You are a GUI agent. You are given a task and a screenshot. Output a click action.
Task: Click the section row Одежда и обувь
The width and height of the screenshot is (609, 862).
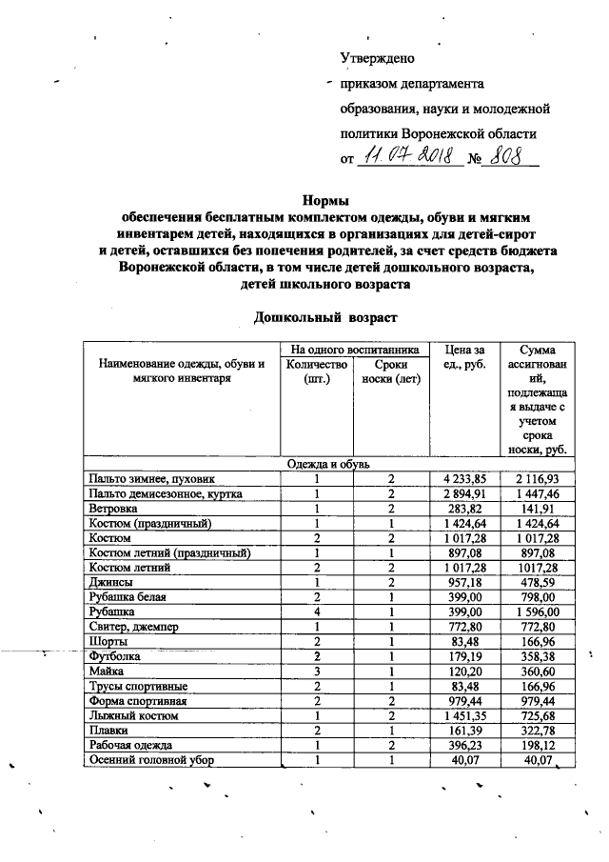(328, 463)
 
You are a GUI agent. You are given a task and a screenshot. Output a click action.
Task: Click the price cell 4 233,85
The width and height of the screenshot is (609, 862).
(463, 478)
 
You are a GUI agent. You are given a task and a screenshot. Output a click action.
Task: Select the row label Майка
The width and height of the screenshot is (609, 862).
(106, 671)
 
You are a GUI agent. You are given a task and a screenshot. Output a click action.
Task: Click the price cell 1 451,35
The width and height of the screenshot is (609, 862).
(463, 715)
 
